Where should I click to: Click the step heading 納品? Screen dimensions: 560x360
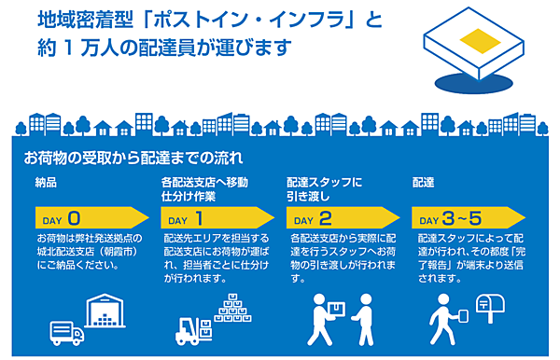47,183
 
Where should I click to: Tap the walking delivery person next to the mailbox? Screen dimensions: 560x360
445,320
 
